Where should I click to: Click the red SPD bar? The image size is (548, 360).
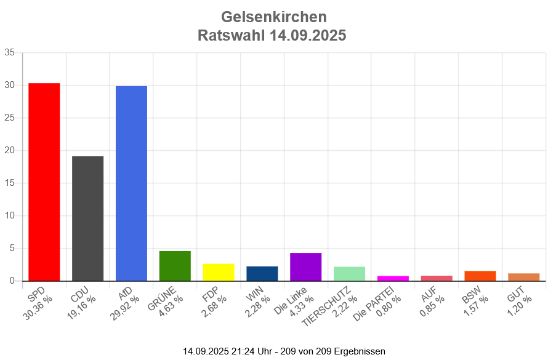pos(44,182)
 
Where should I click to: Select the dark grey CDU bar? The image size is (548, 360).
pos(87,218)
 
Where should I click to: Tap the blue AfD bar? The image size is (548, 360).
pos(131,183)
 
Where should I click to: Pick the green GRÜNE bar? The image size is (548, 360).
pos(175,266)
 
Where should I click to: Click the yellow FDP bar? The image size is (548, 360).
pos(219,272)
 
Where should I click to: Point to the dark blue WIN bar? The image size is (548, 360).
pos(262,273)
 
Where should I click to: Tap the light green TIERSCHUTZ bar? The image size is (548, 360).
pos(349,274)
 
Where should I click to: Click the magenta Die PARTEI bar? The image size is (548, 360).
pos(393,278)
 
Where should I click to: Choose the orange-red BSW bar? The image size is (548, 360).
pos(480,276)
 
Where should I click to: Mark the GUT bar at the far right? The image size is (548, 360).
pos(524,277)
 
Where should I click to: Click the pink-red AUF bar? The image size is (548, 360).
pos(437,278)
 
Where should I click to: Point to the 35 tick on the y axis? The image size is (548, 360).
pos(10,52)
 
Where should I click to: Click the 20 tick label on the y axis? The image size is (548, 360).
pos(10,150)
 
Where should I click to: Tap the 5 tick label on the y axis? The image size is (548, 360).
pos(12,248)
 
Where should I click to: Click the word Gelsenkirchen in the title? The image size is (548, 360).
pos(273,17)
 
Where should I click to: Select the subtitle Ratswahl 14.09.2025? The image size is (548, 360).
pos(272,36)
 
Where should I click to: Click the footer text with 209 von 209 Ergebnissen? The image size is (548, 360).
pos(284,351)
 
